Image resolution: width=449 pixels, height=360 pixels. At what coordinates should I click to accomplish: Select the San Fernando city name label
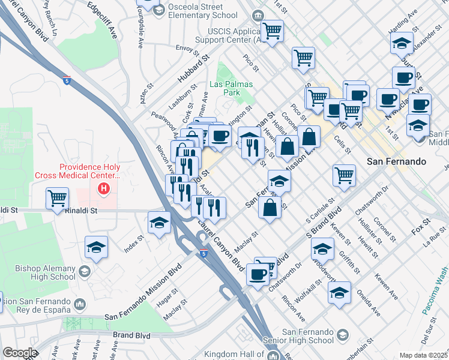[396, 161]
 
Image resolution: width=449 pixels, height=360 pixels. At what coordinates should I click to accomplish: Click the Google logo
[19, 353]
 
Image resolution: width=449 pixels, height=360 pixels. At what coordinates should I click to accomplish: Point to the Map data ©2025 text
[423, 355]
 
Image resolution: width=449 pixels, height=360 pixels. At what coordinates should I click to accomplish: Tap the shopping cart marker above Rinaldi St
[57, 197]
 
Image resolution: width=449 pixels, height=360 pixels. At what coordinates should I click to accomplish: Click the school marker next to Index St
[158, 223]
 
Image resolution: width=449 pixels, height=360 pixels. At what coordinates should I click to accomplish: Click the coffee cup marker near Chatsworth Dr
[258, 274]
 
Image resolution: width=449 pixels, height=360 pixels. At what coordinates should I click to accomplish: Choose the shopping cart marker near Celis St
[344, 175]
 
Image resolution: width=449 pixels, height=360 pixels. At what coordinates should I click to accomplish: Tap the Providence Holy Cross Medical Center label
[89, 171]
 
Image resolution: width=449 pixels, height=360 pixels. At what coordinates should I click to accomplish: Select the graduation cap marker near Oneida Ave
[339, 293]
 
